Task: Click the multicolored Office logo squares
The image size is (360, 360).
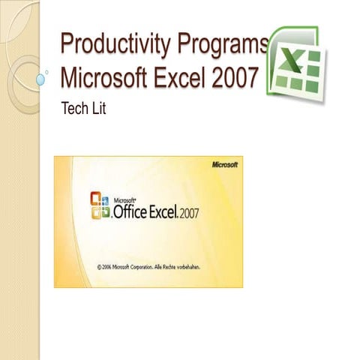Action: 100,204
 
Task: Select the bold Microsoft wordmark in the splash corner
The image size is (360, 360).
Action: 224,164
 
